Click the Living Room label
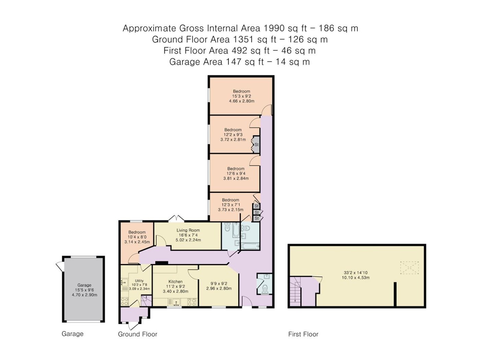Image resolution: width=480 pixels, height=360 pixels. (188, 230)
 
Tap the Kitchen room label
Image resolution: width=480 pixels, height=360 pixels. (176, 281)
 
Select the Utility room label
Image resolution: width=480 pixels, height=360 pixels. (139, 281)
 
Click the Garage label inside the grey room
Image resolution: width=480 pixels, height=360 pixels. (84, 285)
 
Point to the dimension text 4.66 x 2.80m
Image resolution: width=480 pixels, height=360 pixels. (242, 101)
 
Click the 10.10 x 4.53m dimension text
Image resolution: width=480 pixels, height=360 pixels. (356, 278)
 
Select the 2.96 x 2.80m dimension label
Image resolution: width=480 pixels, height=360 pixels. (219, 288)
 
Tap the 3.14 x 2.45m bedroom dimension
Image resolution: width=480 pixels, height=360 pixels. (137, 242)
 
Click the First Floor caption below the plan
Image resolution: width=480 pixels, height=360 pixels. (303, 334)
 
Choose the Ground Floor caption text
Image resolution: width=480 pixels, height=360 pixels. (137, 334)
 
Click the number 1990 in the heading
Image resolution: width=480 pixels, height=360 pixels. (274, 28)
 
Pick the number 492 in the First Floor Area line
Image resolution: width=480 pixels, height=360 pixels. (239, 51)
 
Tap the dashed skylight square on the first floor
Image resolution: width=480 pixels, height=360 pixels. (409, 268)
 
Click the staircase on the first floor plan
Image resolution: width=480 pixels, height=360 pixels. (296, 291)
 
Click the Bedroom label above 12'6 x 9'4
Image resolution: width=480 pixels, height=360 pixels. (236, 169)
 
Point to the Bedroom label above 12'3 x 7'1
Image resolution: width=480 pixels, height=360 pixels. (230, 200)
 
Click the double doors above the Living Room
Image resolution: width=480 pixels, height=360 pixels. (176, 218)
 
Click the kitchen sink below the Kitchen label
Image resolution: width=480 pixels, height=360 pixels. (174, 302)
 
